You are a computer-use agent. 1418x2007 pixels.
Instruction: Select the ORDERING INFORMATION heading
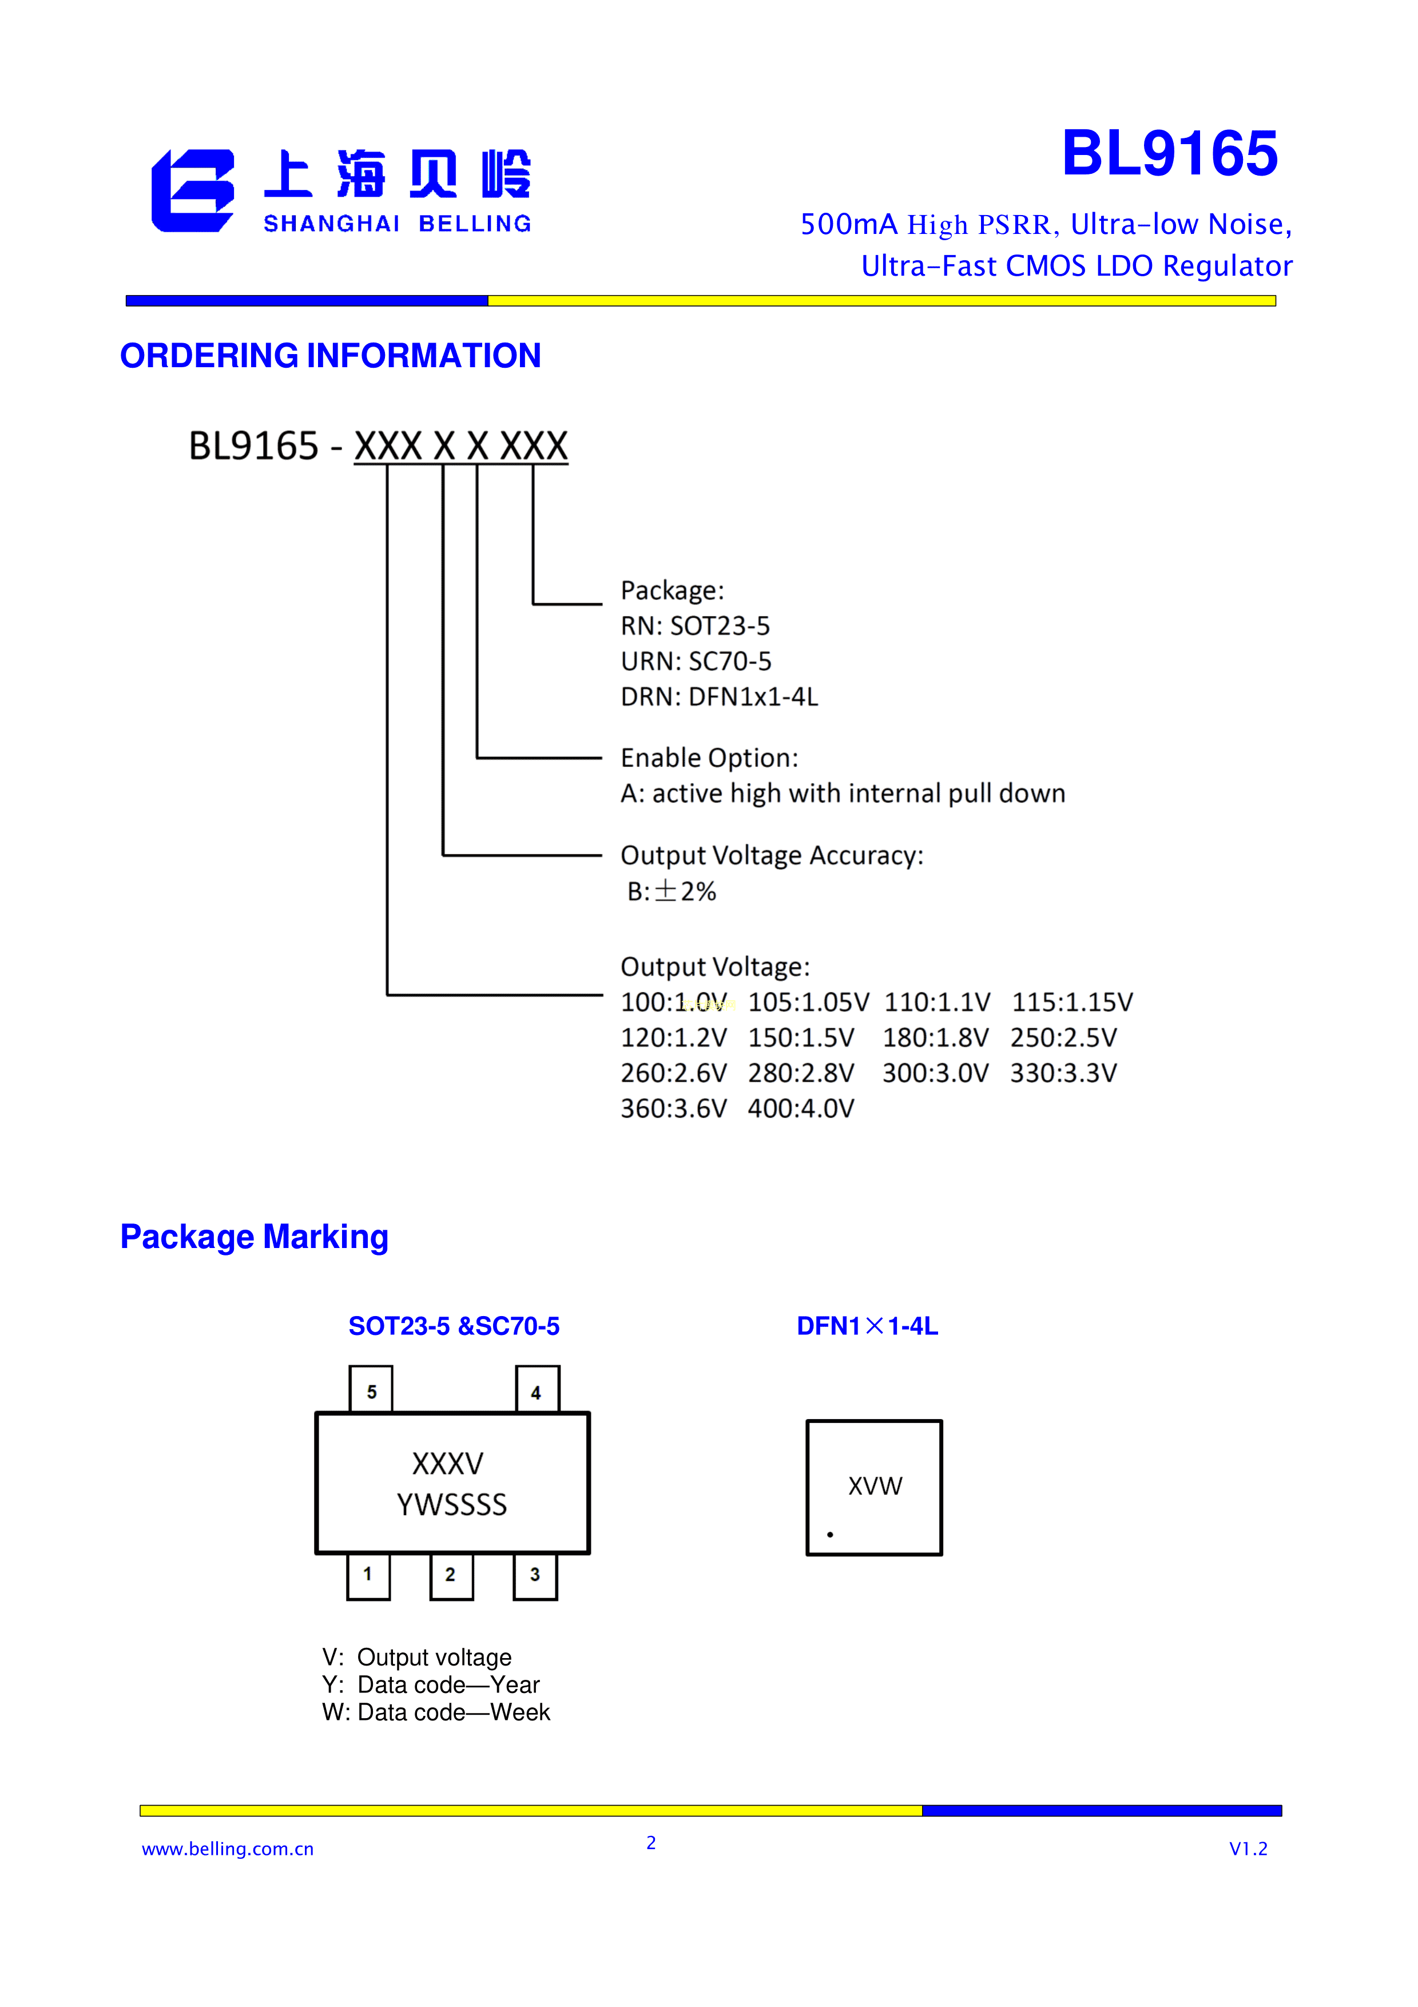click(x=331, y=356)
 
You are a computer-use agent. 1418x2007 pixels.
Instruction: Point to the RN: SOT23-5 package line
click(x=695, y=626)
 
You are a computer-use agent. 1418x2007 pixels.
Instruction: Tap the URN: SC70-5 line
click(x=696, y=662)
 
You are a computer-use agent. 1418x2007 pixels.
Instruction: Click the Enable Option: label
click(x=709, y=758)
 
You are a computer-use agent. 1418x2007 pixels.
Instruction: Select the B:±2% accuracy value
click(x=672, y=892)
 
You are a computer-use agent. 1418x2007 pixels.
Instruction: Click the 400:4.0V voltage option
click(x=801, y=1108)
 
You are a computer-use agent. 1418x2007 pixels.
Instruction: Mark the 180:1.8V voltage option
click(x=935, y=1038)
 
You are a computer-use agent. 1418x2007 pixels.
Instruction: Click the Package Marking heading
click(x=255, y=1237)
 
